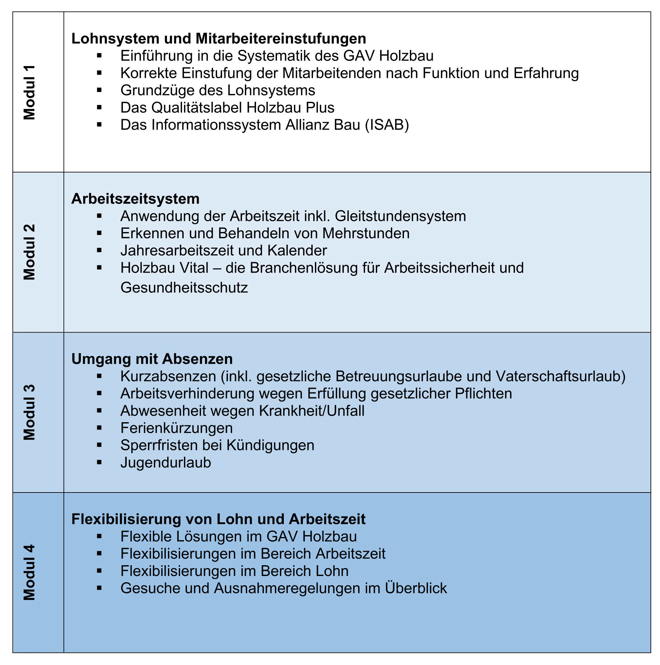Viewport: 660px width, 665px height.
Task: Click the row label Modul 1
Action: [29, 92]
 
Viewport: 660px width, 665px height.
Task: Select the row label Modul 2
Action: [29, 252]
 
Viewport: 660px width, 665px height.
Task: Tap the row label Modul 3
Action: [29, 412]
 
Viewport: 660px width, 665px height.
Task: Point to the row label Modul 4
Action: [29, 572]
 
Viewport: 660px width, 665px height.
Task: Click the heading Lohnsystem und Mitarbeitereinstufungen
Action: [218, 39]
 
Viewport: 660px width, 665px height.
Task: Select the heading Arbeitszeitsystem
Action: [135, 199]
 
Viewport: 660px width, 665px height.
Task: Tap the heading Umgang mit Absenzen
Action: [152, 359]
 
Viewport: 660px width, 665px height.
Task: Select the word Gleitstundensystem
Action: [400, 216]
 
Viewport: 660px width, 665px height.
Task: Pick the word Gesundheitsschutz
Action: [184, 287]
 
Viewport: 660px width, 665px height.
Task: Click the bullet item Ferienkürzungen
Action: [176, 428]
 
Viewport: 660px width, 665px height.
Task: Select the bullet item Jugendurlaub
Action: [166, 462]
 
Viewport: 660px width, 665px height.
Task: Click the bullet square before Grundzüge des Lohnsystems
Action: [100, 90]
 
